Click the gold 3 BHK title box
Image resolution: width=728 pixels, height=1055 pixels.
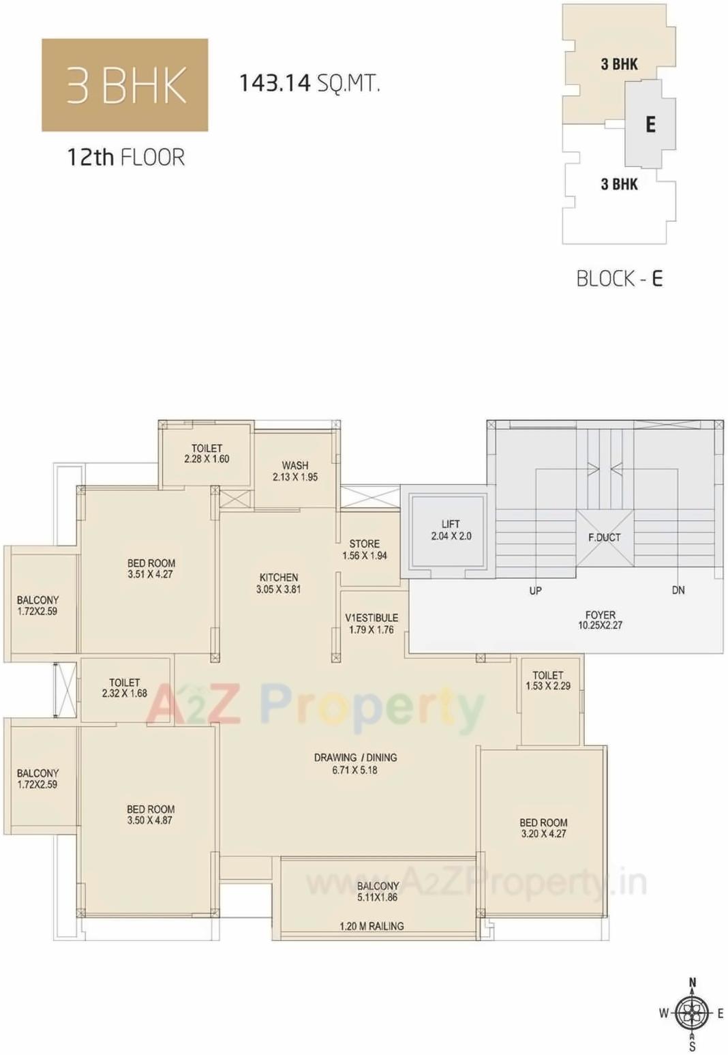click(125, 85)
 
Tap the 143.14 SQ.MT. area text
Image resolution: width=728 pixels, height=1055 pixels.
click(309, 83)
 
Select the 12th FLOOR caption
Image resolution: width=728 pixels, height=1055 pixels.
click(125, 158)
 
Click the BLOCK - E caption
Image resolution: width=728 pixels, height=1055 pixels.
click(619, 278)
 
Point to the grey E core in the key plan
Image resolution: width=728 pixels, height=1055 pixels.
click(650, 124)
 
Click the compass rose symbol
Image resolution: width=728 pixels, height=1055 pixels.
click(692, 1013)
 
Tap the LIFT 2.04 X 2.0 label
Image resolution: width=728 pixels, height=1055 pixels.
click(451, 530)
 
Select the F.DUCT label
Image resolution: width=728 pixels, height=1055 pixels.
click(604, 537)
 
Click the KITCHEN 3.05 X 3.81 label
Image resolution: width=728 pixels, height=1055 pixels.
click(278, 583)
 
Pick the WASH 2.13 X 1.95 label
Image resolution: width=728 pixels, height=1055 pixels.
click(295, 471)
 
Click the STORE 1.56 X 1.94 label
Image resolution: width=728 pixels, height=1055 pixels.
click(364, 550)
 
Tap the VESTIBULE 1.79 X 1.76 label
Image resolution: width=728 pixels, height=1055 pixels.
click(371, 623)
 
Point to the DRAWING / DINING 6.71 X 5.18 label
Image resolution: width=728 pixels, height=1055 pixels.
click(355, 764)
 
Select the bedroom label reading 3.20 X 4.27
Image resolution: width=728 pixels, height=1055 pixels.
click(543, 828)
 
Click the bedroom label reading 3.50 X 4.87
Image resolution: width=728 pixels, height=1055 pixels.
click(150, 815)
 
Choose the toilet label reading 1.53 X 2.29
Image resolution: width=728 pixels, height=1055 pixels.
click(548, 681)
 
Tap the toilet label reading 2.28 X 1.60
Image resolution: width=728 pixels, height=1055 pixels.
click(207, 454)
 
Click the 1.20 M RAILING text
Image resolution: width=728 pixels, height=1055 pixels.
click(371, 926)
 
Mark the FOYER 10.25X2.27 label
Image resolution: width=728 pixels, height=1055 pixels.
click(600, 620)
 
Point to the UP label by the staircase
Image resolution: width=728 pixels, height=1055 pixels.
click(535, 591)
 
